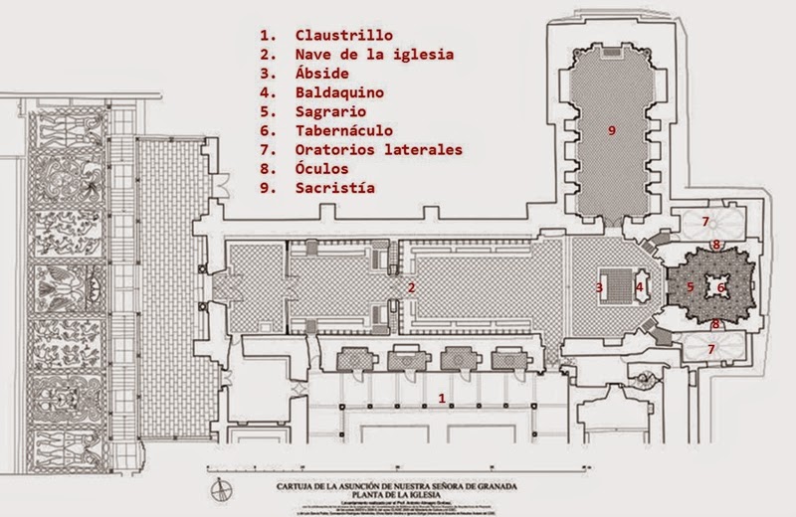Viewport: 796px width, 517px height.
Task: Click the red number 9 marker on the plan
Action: [612, 129]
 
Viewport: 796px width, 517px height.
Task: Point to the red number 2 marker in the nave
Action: [409, 287]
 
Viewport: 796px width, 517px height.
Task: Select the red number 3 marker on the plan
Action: [598, 288]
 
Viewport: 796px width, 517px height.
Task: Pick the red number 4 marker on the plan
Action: [641, 288]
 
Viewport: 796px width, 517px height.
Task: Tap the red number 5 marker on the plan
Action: [690, 288]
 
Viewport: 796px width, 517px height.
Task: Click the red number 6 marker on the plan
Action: [723, 288]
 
